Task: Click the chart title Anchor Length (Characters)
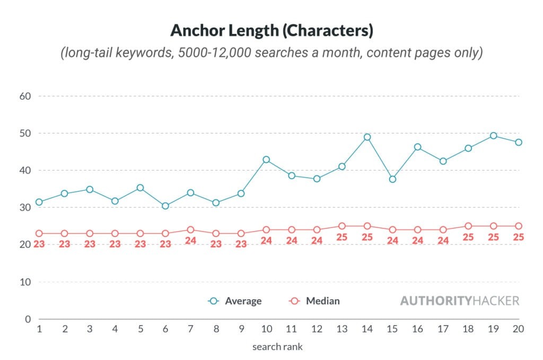271,30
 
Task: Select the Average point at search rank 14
367,137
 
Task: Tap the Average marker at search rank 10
266,160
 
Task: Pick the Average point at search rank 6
165,206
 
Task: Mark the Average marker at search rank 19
493,136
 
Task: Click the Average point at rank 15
392,179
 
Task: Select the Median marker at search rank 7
190,230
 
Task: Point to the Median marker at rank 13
342,226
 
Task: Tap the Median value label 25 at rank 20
518,237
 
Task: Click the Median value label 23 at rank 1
39,244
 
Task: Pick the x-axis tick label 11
291,329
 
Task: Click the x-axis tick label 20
518,329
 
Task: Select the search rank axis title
277,347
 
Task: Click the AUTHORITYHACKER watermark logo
459,301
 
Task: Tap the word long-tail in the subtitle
86,54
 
